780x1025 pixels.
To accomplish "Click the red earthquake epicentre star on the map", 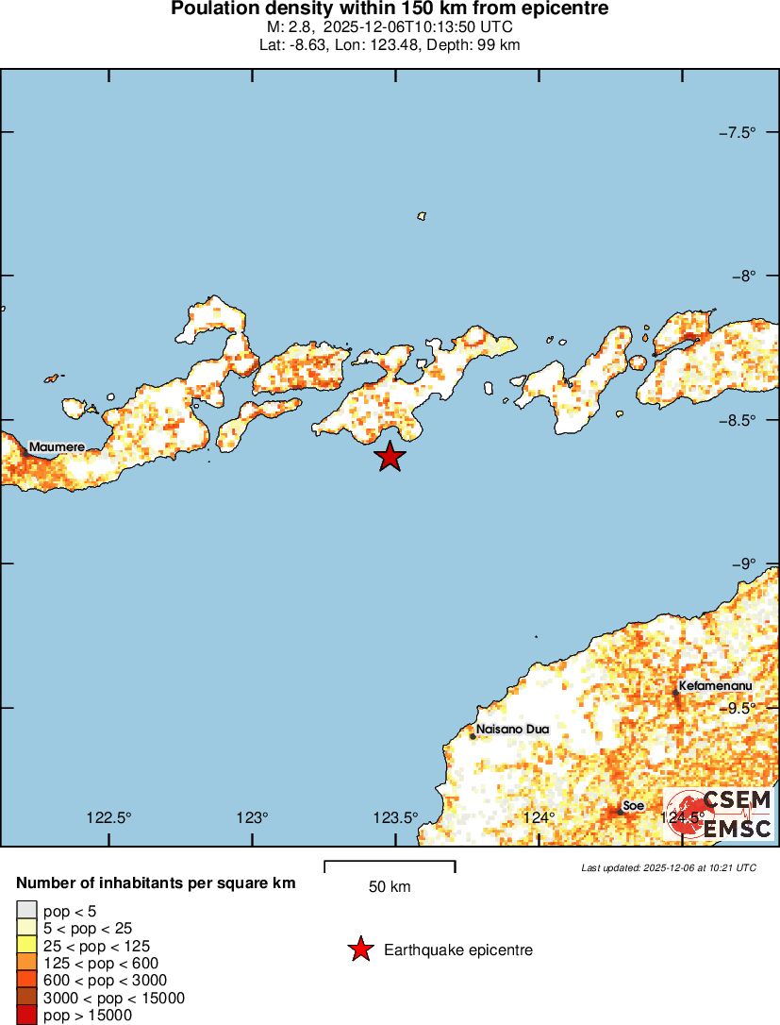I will (390, 457).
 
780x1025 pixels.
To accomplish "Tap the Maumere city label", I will (57, 446).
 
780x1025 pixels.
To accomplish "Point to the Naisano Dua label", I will (512, 730).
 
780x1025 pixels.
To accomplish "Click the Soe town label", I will (633, 806).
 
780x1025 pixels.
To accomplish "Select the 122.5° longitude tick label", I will (108, 817).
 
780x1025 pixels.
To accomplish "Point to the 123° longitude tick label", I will (252, 817).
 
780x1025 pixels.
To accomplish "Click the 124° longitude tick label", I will (539, 817).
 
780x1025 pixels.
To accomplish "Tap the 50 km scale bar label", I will (390, 887).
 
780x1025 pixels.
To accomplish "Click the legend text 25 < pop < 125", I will (96, 946).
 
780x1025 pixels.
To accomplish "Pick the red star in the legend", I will (360, 949).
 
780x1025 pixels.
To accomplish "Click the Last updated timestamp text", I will (669, 867).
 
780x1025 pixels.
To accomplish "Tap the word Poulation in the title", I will (211, 9).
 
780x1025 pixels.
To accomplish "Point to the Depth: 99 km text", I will (473, 44).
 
